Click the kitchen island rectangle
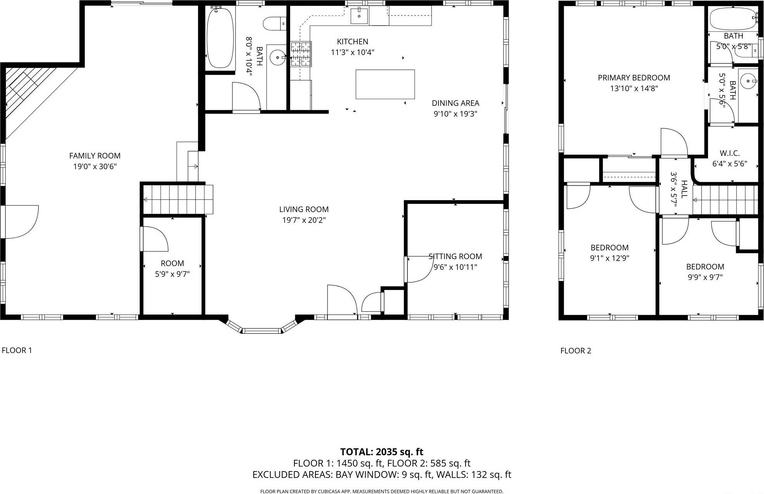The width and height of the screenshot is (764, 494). (x=385, y=84)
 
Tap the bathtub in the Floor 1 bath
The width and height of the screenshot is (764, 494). (x=220, y=38)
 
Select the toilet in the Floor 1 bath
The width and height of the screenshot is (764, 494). (x=274, y=23)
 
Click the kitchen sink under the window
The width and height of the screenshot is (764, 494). (x=359, y=16)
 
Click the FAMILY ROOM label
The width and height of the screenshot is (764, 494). (x=95, y=156)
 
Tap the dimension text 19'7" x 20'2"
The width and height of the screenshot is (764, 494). (x=303, y=220)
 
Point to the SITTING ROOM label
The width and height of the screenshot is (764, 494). (x=455, y=256)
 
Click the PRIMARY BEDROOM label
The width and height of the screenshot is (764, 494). (x=634, y=78)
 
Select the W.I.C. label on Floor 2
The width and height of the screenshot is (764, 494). (x=729, y=153)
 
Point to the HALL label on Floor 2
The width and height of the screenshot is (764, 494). (x=684, y=189)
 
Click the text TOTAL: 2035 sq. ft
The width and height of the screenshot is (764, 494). (x=381, y=452)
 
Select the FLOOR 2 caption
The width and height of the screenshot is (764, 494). (x=575, y=351)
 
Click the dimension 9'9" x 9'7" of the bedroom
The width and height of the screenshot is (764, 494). (x=705, y=277)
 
